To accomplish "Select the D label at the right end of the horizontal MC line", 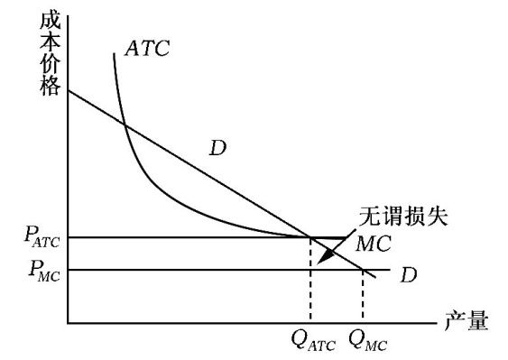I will [x=409, y=273].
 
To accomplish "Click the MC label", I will [x=373, y=244].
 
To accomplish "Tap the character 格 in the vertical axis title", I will [x=51, y=86].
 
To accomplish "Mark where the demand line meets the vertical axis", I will [x=68, y=91].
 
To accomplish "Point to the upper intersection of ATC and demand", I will [x=125, y=125].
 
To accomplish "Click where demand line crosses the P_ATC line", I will [x=309, y=237].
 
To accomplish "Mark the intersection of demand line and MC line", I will [x=363, y=269].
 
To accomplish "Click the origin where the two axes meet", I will [x=68, y=322].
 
